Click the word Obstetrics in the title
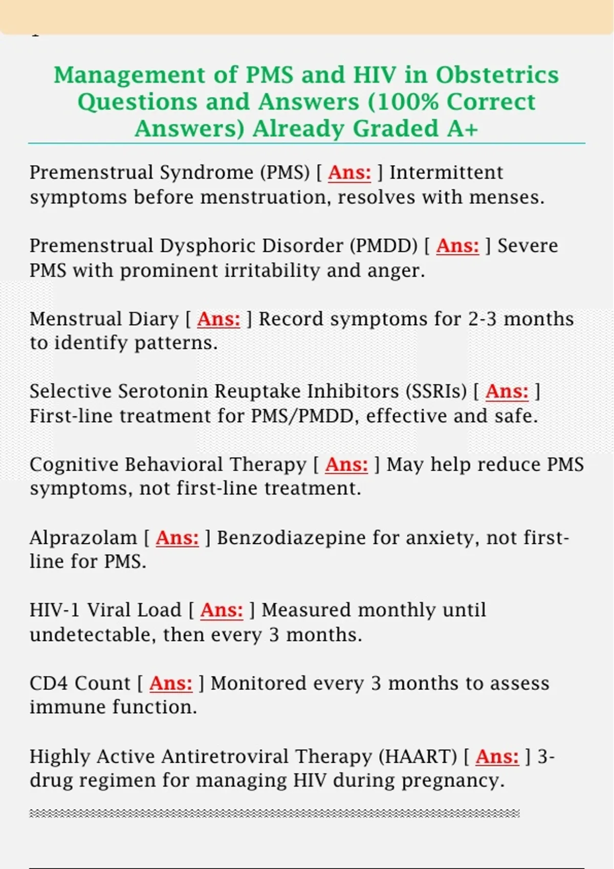tap(497, 75)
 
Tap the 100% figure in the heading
tap(405, 102)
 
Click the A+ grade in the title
tap(463, 129)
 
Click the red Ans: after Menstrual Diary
tap(218, 319)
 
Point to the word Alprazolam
tap(83, 538)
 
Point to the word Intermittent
tap(446, 173)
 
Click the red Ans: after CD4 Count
tap(171, 683)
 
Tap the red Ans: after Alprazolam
tap(177, 538)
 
